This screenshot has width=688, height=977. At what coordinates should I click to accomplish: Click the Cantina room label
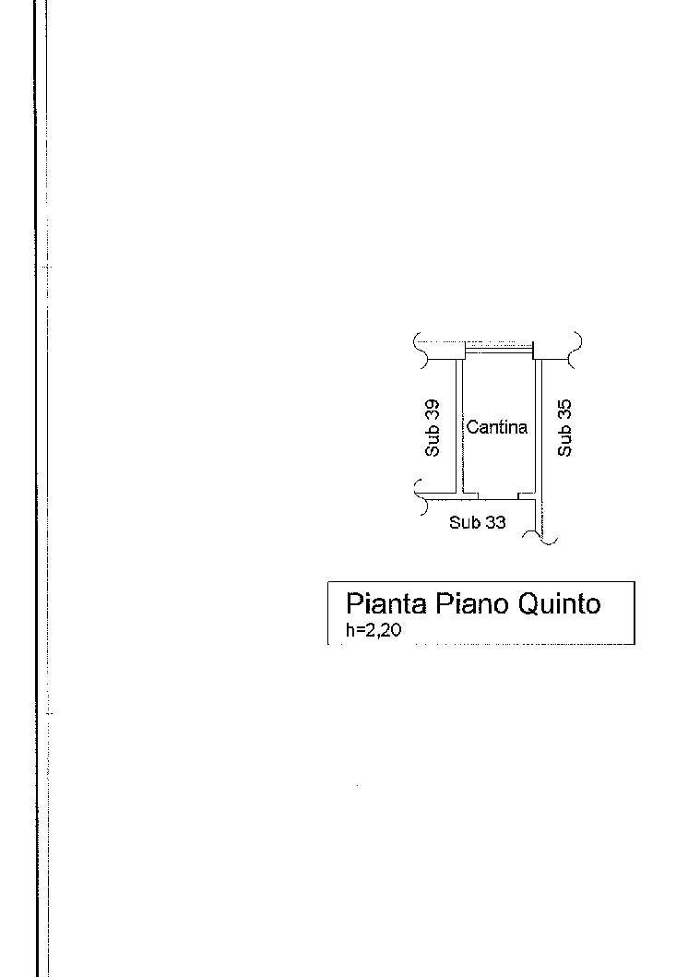(496, 427)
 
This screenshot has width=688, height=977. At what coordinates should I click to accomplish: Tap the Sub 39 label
(433, 428)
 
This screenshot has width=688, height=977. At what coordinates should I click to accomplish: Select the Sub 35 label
(564, 428)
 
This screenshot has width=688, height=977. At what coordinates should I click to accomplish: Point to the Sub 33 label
(478, 522)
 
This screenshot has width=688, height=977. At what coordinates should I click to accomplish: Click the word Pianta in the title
(386, 603)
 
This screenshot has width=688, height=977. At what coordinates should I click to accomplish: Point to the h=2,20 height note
(374, 630)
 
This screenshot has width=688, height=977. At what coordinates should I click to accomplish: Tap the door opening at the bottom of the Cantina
(498, 496)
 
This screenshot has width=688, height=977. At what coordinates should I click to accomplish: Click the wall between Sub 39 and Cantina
(459, 427)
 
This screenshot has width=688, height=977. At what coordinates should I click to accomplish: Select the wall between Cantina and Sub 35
(539, 427)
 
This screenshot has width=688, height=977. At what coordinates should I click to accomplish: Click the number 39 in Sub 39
(433, 410)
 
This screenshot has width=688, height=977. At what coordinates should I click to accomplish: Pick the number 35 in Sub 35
(564, 410)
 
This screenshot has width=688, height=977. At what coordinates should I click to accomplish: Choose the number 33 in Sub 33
(495, 522)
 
